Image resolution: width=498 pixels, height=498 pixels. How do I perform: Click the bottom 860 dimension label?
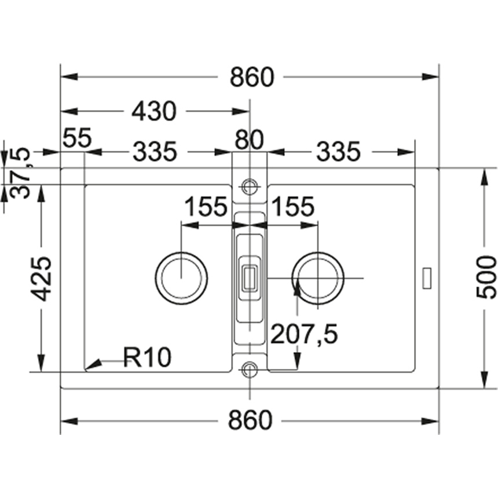[250, 420]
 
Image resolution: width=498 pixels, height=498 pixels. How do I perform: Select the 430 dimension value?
[153, 111]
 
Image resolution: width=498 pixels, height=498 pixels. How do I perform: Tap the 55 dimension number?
[78, 140]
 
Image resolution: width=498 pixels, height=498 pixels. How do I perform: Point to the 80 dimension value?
[249, 140]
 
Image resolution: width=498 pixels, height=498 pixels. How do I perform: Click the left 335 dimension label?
[154, 152]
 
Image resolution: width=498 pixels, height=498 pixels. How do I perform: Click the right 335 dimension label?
[338, 152]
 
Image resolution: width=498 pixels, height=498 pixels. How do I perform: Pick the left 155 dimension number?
[205, 207]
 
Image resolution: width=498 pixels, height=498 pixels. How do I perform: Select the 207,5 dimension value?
[304, 334]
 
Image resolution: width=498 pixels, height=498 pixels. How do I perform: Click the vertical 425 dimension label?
[42, 278]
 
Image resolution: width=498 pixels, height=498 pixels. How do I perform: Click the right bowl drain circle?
[318, 277]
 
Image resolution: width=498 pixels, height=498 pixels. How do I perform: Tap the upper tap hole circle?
[250, 186]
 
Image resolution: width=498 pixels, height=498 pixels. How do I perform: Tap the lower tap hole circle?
[250, 369]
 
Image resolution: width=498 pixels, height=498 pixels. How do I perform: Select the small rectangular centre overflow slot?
[250, 277]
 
